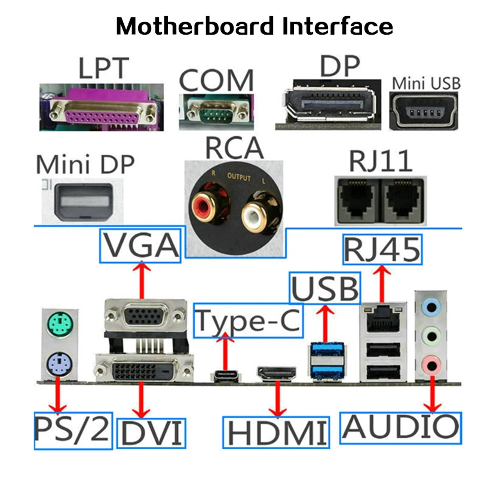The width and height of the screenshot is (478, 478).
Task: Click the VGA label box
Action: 142,245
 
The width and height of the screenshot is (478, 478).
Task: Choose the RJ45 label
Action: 381,250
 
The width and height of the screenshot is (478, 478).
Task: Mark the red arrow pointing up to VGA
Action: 142,280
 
